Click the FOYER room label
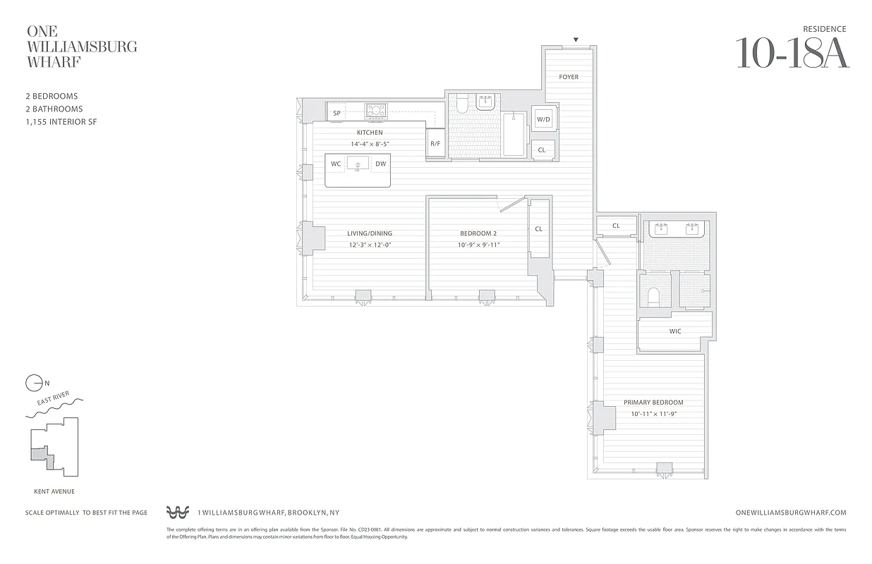[x=569, y=77]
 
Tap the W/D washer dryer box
[x=543, y=120]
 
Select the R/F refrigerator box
[x=435, y=144]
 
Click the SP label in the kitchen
[x=337, y=114]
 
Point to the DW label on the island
[x=380, y=164]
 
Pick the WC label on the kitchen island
[x=336, y=164]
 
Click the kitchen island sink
[x=358, y=165]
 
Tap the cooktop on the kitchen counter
[x=375, y=110]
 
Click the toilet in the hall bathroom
[x=461, y=104]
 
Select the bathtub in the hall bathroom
[x=514, y=134]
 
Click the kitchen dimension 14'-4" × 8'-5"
[x=370, y=144]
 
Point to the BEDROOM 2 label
[x=478, y=233]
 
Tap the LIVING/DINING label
[x=369, y=233]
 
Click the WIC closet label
[x=675, y=331]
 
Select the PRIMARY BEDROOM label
[x=653, y=403]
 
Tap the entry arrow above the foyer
[x=576, y=40]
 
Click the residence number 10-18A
[x=792, y=53]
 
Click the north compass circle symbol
[x=33, y=384]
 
